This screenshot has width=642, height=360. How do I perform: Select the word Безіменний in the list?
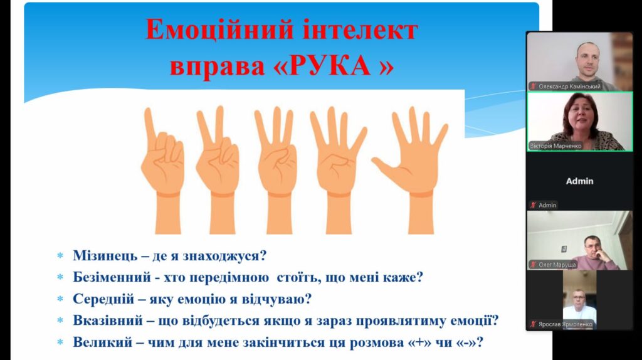point(113,277)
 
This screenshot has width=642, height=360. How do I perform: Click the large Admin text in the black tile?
point(579,181)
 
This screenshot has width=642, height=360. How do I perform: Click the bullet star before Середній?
point(61,299)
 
